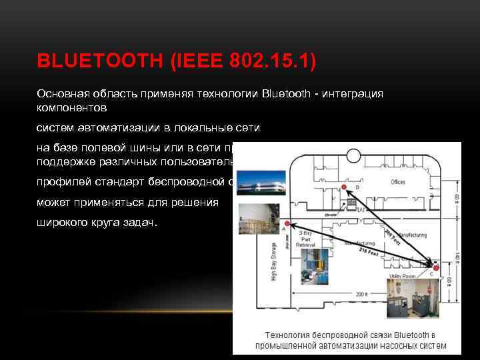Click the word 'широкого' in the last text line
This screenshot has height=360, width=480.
click(x=62, y=222)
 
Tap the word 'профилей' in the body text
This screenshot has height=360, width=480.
click(x=60, y=180)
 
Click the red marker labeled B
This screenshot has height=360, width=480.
click(x=344, y=187)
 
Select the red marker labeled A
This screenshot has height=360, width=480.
click(x=287, y=223)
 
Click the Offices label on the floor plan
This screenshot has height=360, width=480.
click(x=398, y=182)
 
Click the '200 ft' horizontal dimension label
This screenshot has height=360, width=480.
click(x=363, y=293)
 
